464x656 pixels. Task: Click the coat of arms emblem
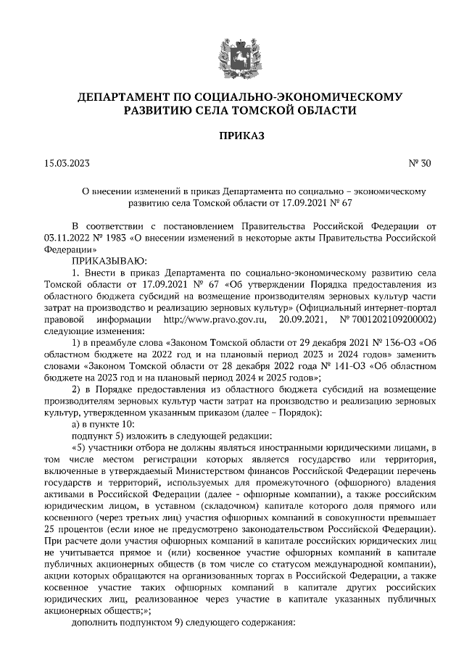coord(231,53)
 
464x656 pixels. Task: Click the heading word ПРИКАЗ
coord(231,136)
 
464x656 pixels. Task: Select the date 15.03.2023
coord(67,164)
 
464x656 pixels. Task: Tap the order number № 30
coord(420,164)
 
